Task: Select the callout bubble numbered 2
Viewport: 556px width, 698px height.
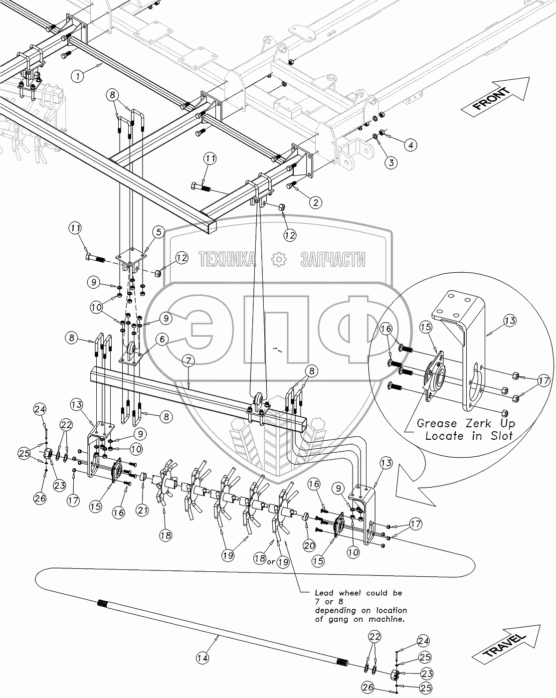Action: tap(315, 202)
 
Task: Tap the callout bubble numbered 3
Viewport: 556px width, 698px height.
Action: tap(391, 162)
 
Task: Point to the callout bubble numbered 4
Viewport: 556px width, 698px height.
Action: tap(410, 145)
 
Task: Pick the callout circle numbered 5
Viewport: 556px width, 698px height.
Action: tap(158, 231)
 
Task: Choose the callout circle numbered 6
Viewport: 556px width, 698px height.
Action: tap(162, 340)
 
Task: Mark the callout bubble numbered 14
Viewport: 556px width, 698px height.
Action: tap(202, 658)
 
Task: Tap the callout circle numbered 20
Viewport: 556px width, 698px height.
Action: tap(309, 545)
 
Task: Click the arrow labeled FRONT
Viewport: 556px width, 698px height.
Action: tap(494, 96)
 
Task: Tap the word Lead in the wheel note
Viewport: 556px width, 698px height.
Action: tap(324, 593)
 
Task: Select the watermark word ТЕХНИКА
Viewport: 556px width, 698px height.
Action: tap(227, 259)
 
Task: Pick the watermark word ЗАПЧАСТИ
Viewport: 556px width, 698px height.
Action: tap(333, 259)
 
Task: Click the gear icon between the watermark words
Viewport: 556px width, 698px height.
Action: tap(277, 259)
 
